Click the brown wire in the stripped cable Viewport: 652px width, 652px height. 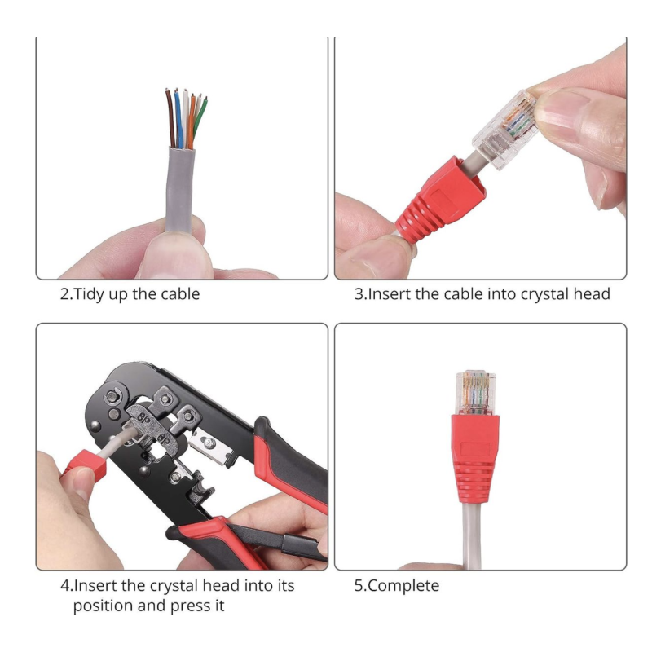[x=170, y=118]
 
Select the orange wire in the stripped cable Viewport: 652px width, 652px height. [x=192, y=121]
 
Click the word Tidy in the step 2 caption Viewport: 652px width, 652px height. [x=89, y=294]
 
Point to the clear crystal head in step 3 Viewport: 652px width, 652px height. [x=506, y=130]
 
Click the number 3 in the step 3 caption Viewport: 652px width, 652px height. [x=359, y=294]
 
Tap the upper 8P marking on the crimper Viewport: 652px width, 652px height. [x=143, y=419]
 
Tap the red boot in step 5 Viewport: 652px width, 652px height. [x=475, y=457]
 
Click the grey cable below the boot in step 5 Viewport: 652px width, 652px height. [x=473, y=535]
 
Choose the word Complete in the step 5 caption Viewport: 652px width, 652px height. [x=403, y=586]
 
